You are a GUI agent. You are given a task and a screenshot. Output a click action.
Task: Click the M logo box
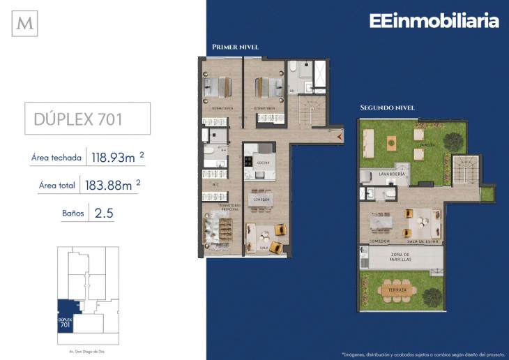coord(25,24)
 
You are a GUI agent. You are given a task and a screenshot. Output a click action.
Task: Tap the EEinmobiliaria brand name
coord(434,21)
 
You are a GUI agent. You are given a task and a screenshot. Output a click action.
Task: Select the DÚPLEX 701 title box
coord(87,119)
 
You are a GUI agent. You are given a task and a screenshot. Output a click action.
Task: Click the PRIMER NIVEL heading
coord(235,47)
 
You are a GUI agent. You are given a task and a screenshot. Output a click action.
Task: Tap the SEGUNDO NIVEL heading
coord(387,108)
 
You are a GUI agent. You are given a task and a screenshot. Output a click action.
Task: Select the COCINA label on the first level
coord(263,163)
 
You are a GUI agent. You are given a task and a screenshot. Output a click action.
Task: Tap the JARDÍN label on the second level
coord(427,144)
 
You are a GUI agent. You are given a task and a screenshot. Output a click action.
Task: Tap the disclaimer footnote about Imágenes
coord(420,353)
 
